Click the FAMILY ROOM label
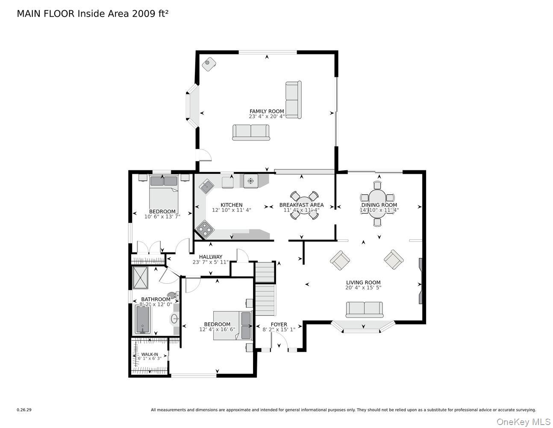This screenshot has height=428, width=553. point(267,111)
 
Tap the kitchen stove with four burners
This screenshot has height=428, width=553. point(205,229)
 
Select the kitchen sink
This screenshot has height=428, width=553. point(208,185)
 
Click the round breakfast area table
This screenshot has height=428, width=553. point(302,204)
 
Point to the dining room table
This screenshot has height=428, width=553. point(377,201)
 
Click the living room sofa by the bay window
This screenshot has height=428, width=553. point(364,309)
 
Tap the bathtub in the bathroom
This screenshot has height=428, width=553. point(142,319)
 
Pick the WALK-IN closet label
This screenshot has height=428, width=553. point(150,354)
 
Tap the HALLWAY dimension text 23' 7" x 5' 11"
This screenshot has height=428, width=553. point(210,262)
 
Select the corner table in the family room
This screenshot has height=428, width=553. point(209,64)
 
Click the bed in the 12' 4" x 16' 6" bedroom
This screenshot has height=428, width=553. point(232,325)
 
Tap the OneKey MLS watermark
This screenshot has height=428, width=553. point(523,422)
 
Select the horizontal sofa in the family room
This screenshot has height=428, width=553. point(251,132)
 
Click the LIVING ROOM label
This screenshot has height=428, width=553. point(363,282)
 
